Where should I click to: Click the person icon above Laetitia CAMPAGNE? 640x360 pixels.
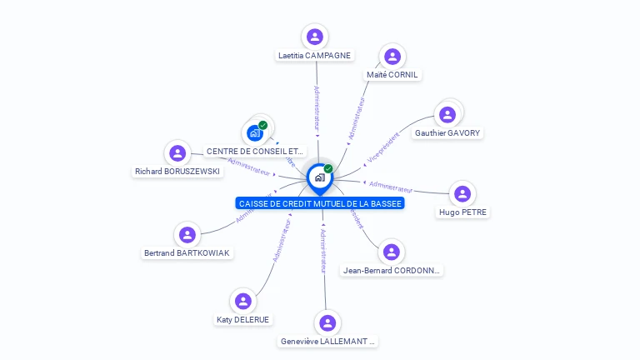[314, 37]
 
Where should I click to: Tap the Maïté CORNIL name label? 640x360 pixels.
[392, 75]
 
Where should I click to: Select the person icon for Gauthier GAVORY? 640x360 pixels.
[447, 114]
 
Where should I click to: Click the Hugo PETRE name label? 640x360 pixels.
[462, 212]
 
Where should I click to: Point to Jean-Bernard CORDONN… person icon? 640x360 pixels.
[392, 252]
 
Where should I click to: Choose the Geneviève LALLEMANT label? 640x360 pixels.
[327, 342]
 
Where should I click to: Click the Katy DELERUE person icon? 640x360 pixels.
[242, 301]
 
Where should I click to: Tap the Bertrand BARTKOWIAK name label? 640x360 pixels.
[187, 253]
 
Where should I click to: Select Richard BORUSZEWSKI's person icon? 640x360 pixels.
[177, 152]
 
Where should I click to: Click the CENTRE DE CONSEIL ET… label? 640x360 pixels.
[255, 152]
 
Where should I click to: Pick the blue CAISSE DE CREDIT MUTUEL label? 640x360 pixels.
[320, 203]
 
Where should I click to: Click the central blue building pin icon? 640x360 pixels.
[319, 177]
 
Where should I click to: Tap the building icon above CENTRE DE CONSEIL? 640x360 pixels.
[255, 132]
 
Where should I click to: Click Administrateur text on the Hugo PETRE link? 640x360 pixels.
[391, 187]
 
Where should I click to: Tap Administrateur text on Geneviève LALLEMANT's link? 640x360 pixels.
[323, 250]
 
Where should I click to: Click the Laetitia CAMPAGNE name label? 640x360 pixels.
[314, 56]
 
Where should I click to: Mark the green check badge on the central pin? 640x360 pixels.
[328, 168]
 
